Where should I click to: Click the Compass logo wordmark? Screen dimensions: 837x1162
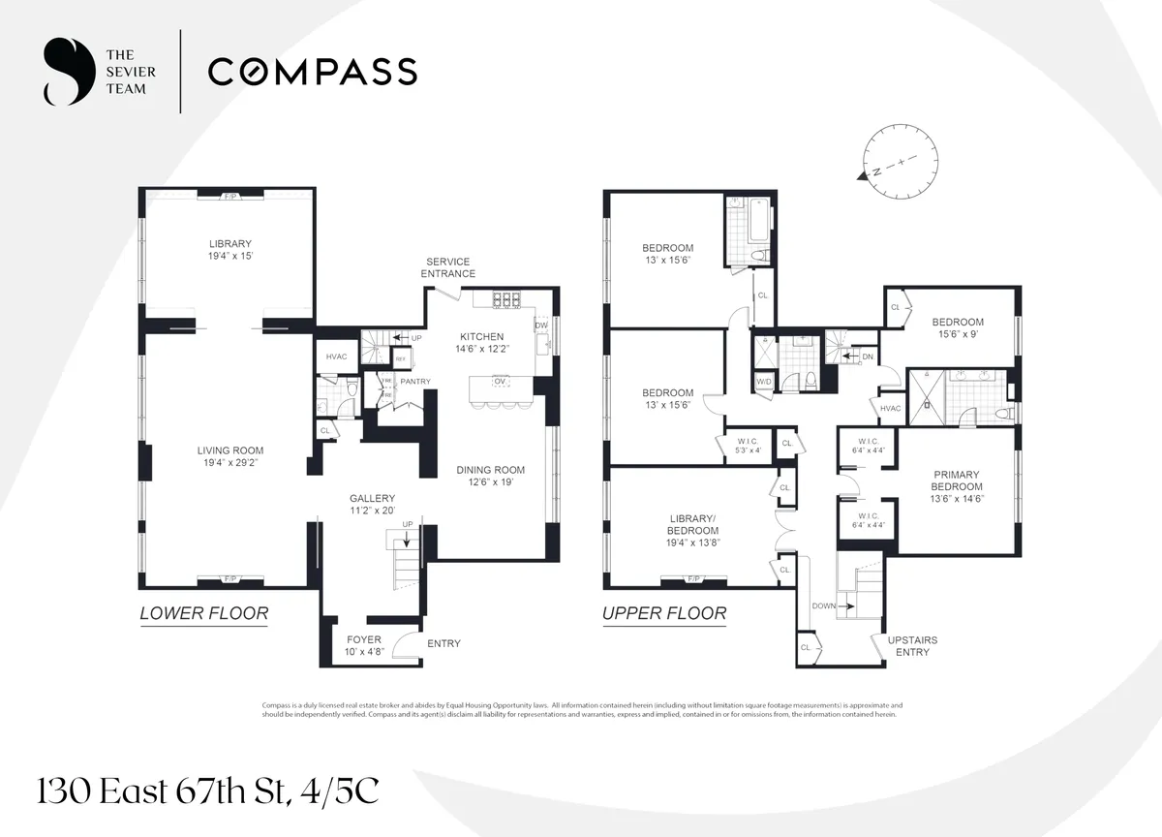click(x=312, y=72)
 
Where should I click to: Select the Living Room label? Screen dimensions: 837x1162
click(x=230, y=456)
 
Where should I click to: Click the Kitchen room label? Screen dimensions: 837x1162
click(x=481, y=343)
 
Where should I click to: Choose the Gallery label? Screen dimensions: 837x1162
click(x=372, y=505)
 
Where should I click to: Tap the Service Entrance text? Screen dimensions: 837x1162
click(x=447, y=267)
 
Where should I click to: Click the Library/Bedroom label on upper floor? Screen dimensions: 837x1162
click(x=692, y=537)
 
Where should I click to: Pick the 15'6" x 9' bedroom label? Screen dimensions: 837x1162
click(x=958, y=328)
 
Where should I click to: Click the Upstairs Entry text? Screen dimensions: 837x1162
click(x=911, y=646)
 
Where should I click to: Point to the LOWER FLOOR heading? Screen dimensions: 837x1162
click(x=203, y=613)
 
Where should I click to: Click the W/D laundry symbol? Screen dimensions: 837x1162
click(x=764, y=382)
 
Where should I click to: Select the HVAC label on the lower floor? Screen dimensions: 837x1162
click(x=335, y=357)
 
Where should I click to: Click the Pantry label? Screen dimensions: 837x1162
click(x=414, y=382)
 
